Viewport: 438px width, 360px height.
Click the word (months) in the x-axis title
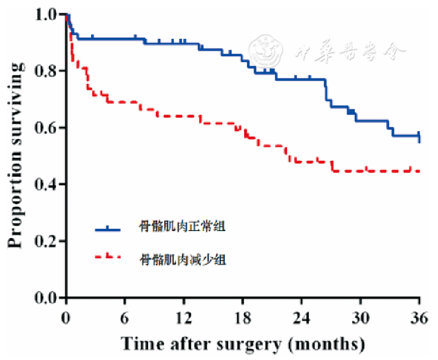[x=326, y=343]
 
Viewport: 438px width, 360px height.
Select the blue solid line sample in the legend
[x=108, y=228]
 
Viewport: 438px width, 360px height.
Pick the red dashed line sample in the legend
[x=108, y=257]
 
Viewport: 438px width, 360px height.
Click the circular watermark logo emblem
[x=265, y=51]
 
